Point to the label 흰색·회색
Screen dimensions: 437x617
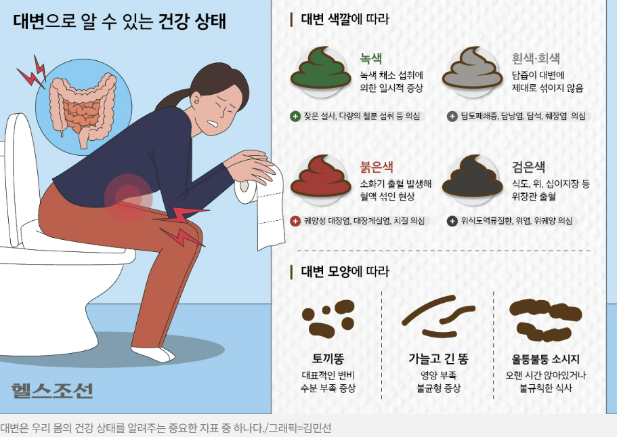pyautogui.click(x=536, y=58)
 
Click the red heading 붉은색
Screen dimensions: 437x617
pyautogui.click(x=377, y=167)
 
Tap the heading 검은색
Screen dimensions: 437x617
pyautogui.click(x=529, y=167)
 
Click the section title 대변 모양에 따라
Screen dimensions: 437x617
pyautogui.click(x=345, y=272)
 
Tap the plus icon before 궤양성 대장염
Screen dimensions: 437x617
pyautogui.click(x=295, y=221)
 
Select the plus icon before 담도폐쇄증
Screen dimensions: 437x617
pyautogui.click(x=452, y=116)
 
